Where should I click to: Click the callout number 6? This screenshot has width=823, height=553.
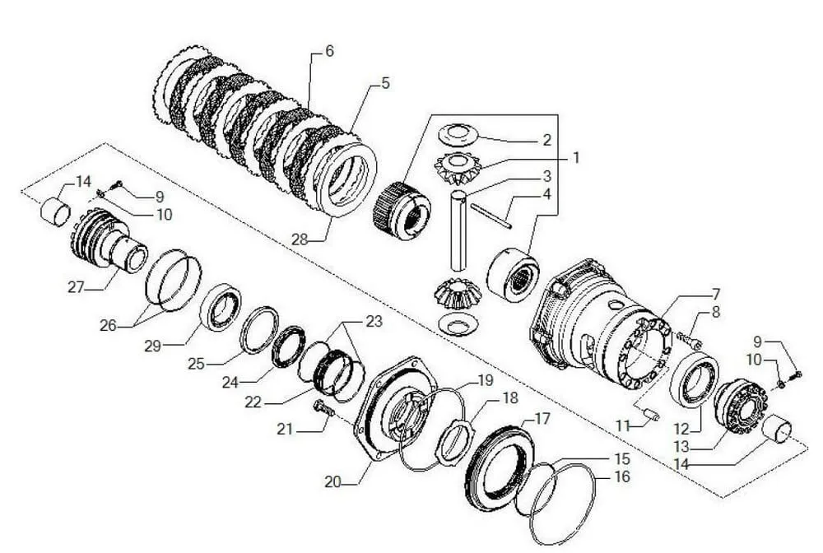coord(329,51)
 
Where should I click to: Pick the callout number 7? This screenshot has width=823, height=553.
coord(716,293)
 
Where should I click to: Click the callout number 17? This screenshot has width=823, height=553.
coord(542,419)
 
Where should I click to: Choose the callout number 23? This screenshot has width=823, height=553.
coord(374,322)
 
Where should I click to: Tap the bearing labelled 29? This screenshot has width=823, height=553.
coord(221,306)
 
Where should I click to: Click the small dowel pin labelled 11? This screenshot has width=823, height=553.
coord(650,413)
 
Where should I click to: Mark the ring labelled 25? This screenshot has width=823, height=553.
coord(258,329)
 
